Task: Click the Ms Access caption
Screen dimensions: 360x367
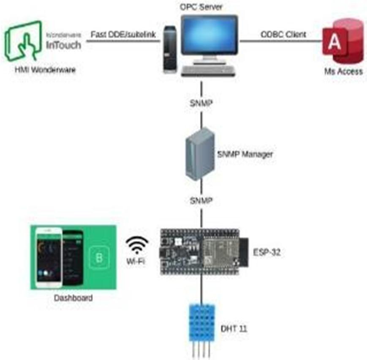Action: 343,71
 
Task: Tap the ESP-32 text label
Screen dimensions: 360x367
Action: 266,252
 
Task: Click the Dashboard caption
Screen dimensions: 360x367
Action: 73,298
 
